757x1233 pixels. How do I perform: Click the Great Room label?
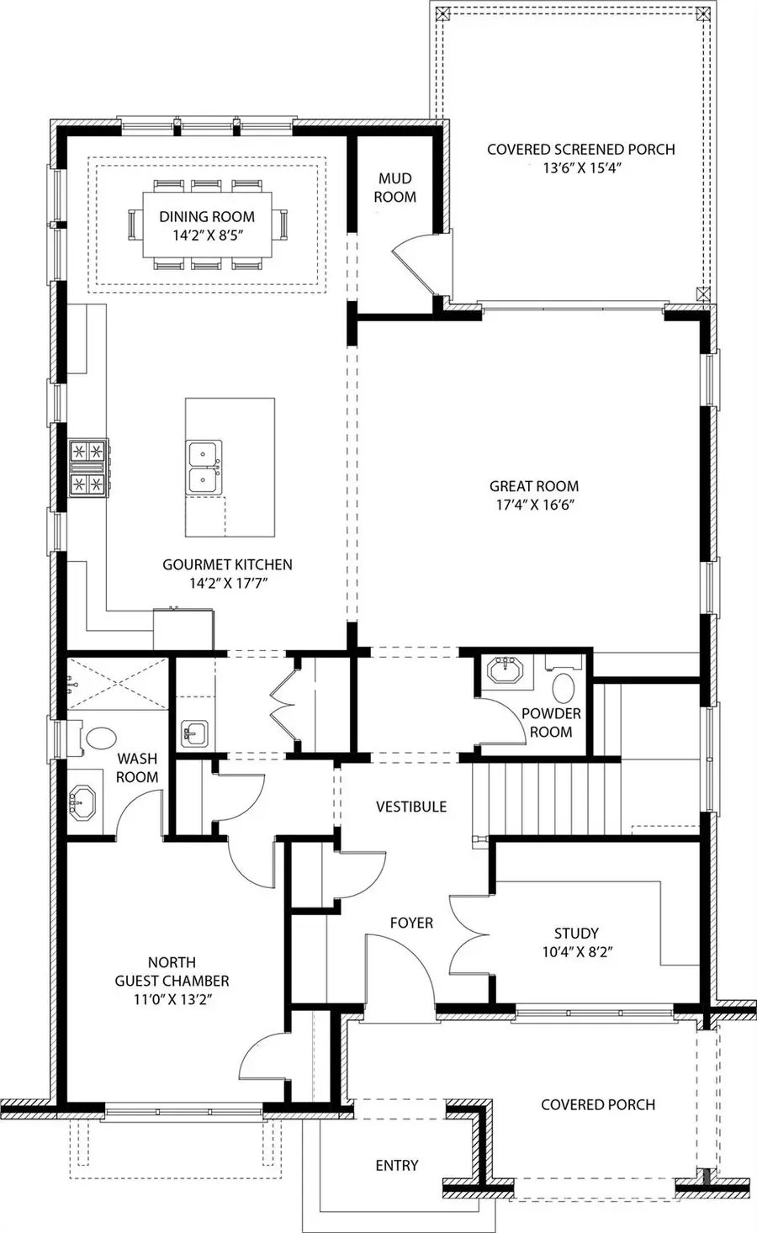[534, 486]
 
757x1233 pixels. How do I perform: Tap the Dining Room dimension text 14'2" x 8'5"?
[207, 236]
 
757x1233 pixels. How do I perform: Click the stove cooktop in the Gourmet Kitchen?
[89, 468]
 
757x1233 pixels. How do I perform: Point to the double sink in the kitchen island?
[204, 468]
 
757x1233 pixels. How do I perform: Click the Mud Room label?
[394, 188]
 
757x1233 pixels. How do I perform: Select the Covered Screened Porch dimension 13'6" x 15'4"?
[580, 168]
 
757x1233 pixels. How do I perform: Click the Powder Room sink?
[505, 674]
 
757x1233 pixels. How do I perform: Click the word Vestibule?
[410, 807]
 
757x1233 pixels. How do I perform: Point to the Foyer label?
[411, 923]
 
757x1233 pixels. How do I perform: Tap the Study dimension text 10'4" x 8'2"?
[576, 952]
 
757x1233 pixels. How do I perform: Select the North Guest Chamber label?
[172, 971]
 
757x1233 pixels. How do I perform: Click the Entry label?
[396, 1165]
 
